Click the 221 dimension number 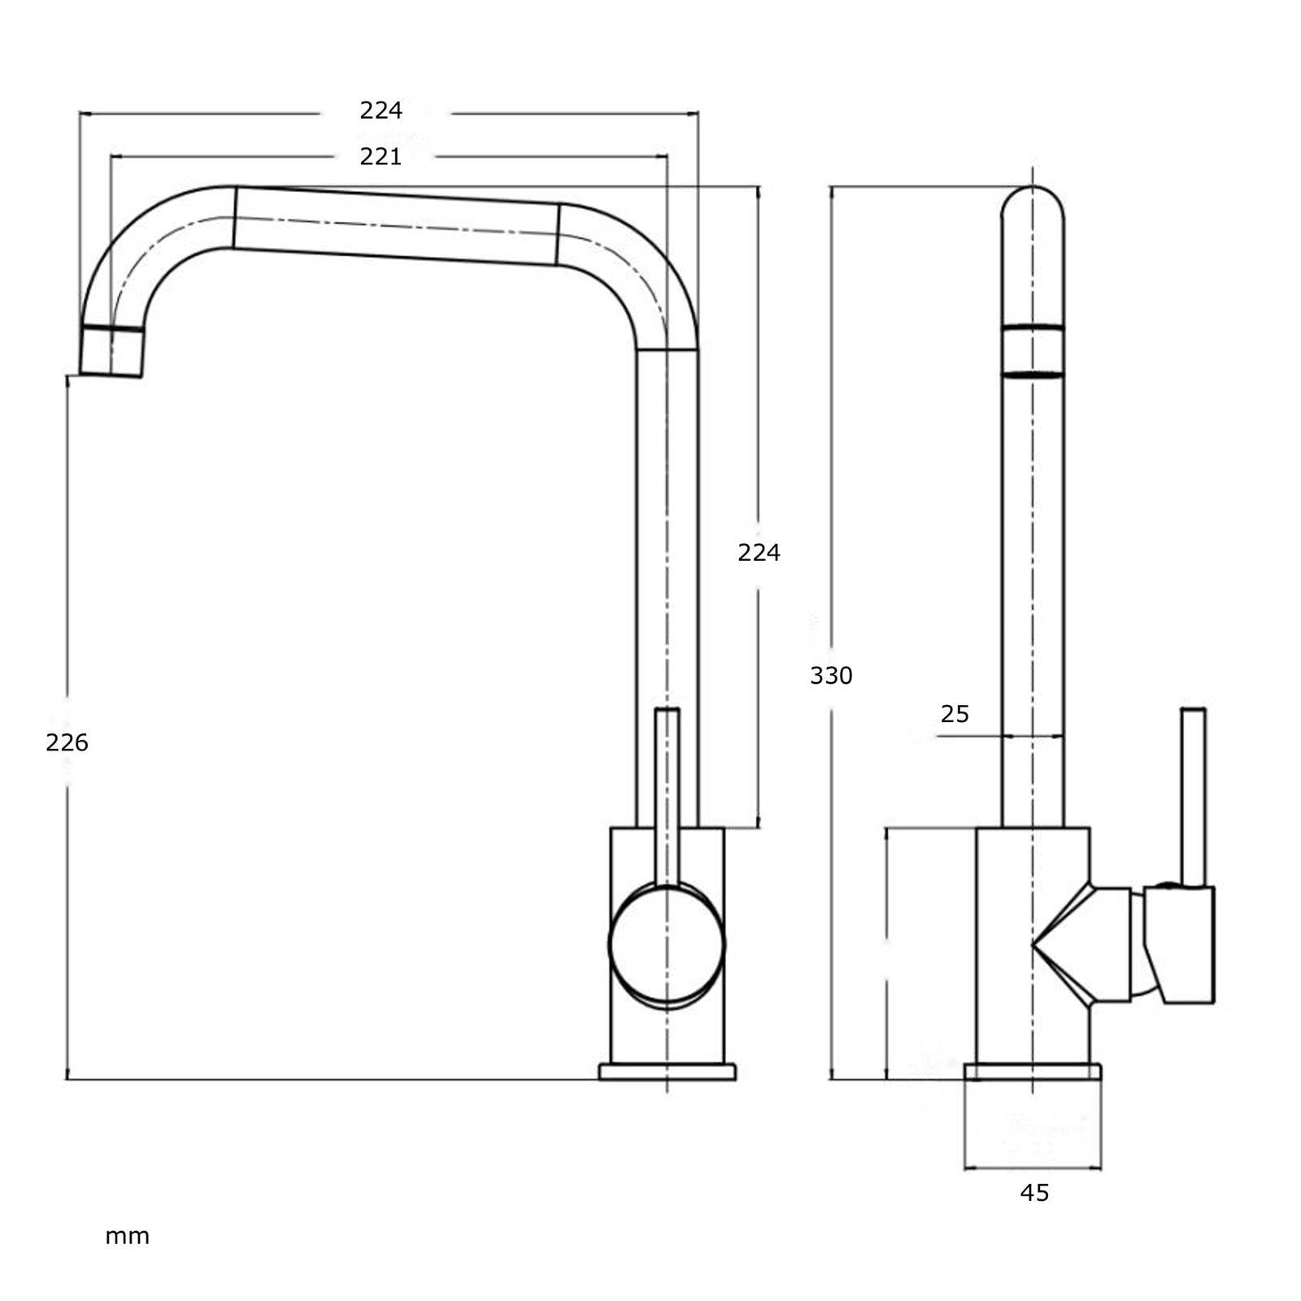pos(381,156)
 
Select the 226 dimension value pos(67,742)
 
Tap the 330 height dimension pos(831,676)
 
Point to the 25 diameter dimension pos(955,714)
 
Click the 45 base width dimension pos(1034,1193)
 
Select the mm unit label pos(128,1237)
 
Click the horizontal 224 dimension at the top pos(381,110)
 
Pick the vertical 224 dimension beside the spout pos(758,553)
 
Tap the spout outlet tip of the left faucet pos(111,354)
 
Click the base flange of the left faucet pos(667,1072)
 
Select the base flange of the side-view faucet pos(1033,1072)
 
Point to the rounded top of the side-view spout pos(1033,203)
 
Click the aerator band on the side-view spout pos(1033,351)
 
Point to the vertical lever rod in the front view pos(667,793)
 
